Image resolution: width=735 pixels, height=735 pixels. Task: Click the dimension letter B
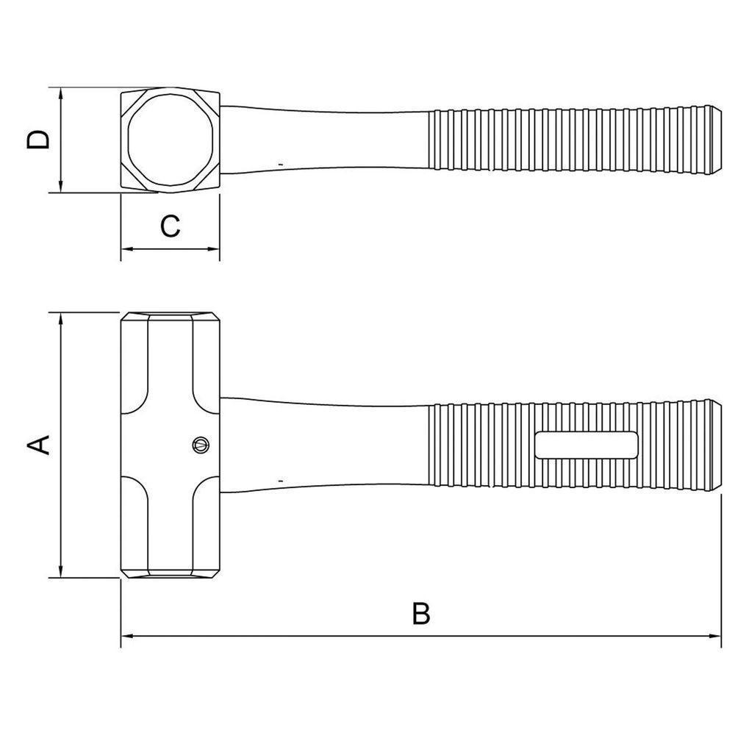coord(420,614)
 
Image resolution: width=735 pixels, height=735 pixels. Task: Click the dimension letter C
coord(170,226)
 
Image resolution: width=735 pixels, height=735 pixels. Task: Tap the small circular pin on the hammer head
coord(200,443)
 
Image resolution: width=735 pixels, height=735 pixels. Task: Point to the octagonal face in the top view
coord(171,140)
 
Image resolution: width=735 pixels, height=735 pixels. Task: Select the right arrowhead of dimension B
coord(715,637)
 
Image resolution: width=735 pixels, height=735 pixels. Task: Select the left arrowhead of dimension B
coord(126,637)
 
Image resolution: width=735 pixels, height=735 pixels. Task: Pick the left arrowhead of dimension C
coord(126,250)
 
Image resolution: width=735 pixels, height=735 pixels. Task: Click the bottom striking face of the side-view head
coord(171,576)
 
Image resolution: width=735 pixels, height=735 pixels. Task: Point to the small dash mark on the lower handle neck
coord(282,480)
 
